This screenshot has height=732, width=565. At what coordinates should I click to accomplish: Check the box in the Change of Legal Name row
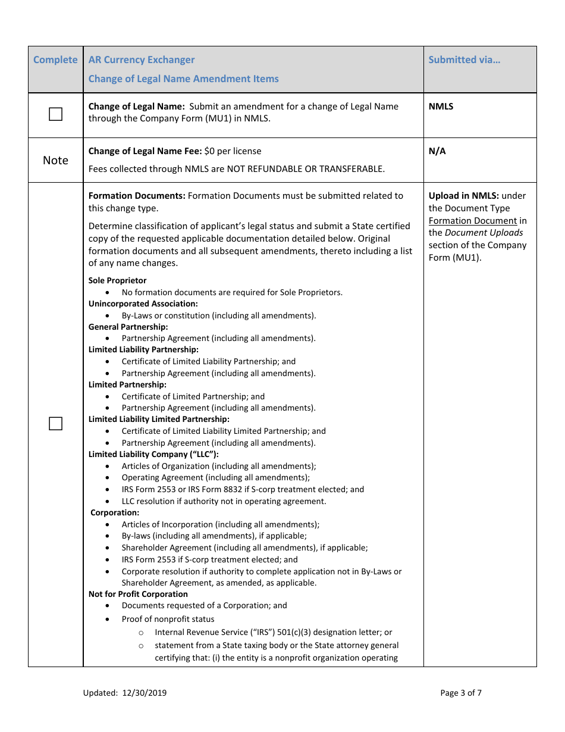[x=55, y=114]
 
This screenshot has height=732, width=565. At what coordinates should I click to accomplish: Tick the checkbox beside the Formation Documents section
[x=55, y=424]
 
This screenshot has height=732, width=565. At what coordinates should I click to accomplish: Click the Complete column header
[x=55, y=60]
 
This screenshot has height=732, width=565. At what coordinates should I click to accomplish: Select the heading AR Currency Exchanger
[x=142, y=60]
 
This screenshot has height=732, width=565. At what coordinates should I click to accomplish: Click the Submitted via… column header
[x=464, y=60]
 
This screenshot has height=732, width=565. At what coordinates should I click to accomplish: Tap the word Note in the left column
[x=55, y=161]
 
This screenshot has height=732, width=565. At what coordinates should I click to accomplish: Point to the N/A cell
[x=437, y=151]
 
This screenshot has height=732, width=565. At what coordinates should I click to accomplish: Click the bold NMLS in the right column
[x=441, y=107]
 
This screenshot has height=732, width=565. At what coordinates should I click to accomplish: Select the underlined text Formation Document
[x=473, y=221]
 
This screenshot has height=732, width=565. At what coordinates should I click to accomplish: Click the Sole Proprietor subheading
[x=117, y=280]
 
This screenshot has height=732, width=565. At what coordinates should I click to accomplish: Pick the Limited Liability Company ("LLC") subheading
[x=153, y=454]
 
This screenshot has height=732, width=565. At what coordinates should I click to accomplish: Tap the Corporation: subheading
[x=115, y=512]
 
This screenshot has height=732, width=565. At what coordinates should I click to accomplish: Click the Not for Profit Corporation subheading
[x=138, y=594]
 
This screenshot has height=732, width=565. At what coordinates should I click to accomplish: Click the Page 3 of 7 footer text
[x=461, y=693]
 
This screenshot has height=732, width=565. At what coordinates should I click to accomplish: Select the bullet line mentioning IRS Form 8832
[x=243, y=489]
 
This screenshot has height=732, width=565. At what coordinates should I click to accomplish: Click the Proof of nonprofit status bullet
[x=168, y=619]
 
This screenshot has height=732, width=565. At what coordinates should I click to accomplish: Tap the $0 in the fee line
[x=209, y=151]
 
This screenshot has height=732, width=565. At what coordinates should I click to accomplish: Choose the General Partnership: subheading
[x=128, y=327]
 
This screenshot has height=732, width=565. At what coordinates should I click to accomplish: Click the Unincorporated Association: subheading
[x=143, y=304]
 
